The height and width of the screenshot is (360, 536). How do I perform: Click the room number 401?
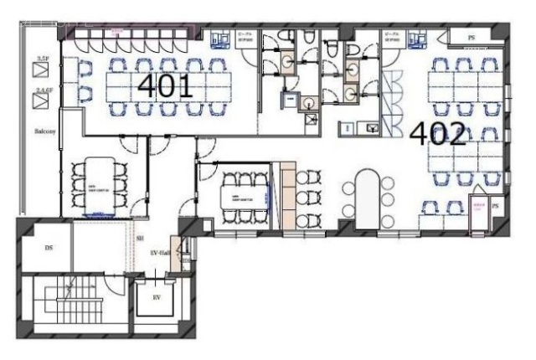[x=165, y=85]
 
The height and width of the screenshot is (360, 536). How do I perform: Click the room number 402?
[x=436, y=134]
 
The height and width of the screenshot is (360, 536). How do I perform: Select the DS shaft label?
[x=48, y=248]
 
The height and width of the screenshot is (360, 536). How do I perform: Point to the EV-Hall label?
[x=160, y=252]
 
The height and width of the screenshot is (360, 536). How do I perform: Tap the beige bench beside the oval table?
[x=286, y=193]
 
